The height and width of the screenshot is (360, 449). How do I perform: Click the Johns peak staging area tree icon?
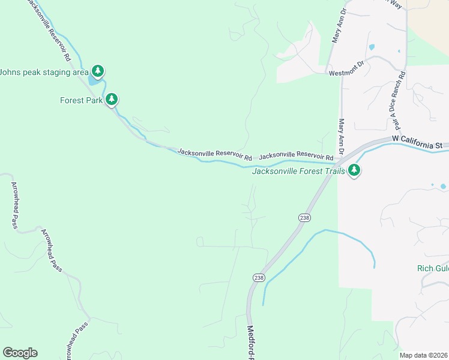[97, 71]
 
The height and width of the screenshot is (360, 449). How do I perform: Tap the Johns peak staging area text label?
[44, 72]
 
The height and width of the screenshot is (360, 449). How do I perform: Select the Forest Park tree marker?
[111, 100]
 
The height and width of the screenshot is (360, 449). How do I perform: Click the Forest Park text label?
[82, 100]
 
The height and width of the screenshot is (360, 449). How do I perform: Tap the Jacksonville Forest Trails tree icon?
[354, 170]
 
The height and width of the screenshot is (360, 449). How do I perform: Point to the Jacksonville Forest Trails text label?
[298, 171]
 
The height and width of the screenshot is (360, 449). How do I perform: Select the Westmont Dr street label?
[347, 73]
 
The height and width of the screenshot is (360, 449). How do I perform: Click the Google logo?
[20, 353]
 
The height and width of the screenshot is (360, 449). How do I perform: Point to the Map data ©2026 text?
[424, 355]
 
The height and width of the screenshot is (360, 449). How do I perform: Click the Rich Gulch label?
[433, 268]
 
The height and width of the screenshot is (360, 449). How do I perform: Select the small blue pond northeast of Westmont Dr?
[372, 47]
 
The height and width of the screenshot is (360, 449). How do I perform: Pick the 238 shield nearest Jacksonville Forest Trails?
[304, 218]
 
